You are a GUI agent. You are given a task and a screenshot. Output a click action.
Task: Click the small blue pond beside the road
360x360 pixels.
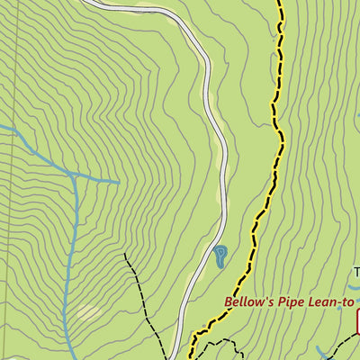pyautogui.click(x=220, y=257)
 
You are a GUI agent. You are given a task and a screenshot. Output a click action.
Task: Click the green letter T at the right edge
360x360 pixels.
pyautogui.click(x=355, y=272)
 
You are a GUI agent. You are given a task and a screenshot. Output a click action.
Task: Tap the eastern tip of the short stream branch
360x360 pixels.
pyautogui.click(x=119, y=182)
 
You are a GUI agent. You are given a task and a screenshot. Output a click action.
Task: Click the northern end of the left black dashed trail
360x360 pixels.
pyautogui.click(x=125, y=255)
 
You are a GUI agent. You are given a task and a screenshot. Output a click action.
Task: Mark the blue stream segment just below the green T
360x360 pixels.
pyautogui.click(x=356, y=292)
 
